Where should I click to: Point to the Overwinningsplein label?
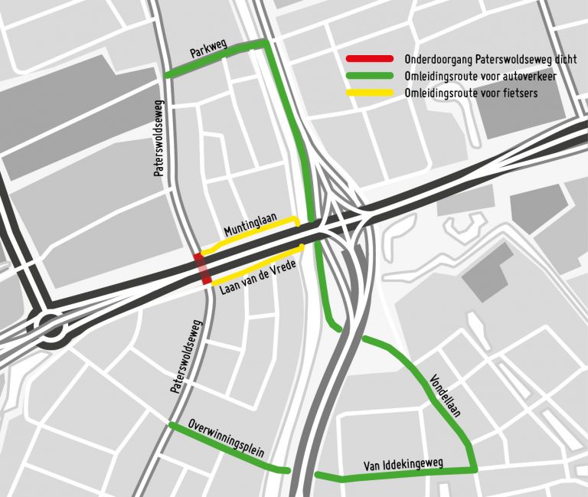point(226,438)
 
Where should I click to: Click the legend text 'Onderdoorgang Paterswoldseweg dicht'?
point(491,59)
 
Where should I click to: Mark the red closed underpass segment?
point(202,268)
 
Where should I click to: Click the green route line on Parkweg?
point(214,58)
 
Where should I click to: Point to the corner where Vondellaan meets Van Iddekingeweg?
point(475,466)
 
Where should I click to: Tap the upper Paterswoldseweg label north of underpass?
point(159,139)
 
